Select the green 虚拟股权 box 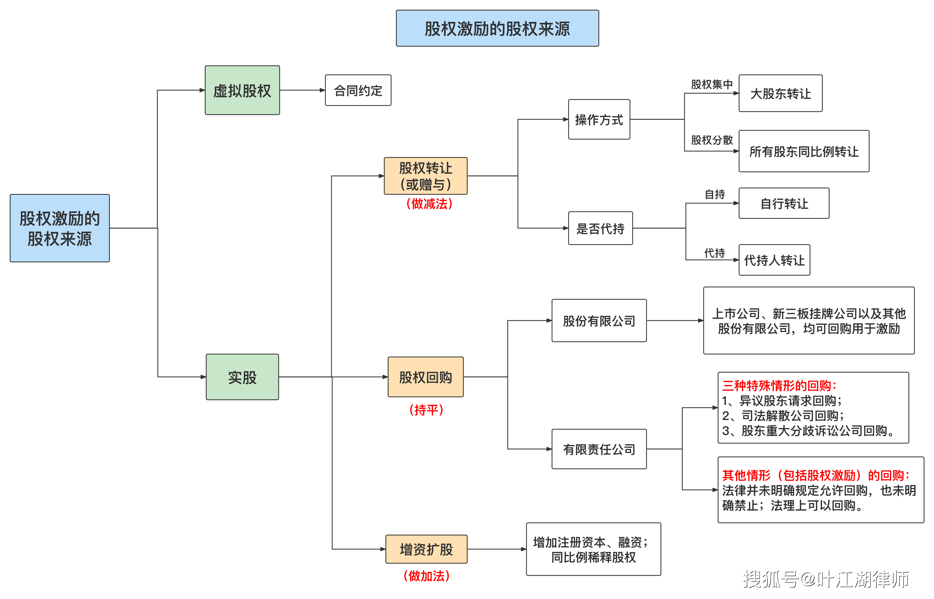[242, 90]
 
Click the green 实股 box [242, 376]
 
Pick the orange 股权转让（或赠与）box [425, 176]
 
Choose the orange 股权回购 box [425, 376]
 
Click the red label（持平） [426, 410]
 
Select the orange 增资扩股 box [426, 549]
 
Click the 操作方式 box [599, 119]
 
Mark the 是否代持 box [600, 228]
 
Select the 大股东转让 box [780, 93]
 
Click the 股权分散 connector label [711, 140]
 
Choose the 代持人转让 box [774, 260]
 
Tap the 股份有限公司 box [599, 321]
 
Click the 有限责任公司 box [599, 449]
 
